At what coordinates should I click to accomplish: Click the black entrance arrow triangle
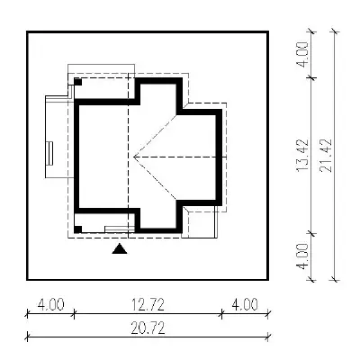(x=120, y=249)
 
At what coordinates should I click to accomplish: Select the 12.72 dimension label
(x=148, y=305)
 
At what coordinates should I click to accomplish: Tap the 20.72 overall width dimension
(x=148, y=328)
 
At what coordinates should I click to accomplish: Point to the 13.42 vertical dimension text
(x=302, y=156)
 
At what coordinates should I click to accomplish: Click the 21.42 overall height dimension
(x=326, y=155)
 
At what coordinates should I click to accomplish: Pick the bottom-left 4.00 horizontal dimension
(x=51, y=305)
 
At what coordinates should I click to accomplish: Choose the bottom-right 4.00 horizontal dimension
(x=245, y=305)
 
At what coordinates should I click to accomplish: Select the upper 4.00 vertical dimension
(x=302, y=55)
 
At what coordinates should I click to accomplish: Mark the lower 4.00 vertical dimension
(x=302, y=256)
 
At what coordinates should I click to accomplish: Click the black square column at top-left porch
(x=78, y=82)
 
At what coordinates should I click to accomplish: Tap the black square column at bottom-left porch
(x=78, y=229)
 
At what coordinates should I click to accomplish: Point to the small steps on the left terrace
(x=50, y=153)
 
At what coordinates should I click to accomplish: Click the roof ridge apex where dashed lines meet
(x=134, y=157)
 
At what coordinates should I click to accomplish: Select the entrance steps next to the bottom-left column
(x=120, y=229)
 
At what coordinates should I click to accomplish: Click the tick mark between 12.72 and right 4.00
(x=221, y=314)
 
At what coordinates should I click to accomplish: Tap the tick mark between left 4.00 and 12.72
(x=74, y=314)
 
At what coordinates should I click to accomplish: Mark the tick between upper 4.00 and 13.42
(x=312, y=77)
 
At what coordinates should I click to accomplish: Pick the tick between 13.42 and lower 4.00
(x=312, y=233)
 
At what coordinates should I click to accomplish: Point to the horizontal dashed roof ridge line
(x=180, y=157)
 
